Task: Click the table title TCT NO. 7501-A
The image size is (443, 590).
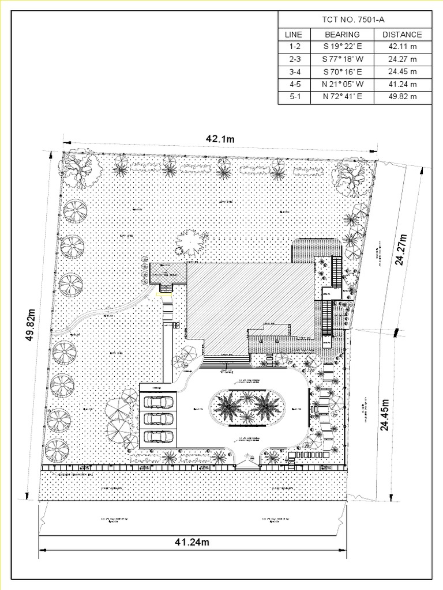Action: coord(355,20)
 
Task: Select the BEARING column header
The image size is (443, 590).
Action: coord(342,35)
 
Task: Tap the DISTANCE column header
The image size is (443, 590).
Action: coord(402,35)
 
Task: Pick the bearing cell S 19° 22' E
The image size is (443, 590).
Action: coord(342,47)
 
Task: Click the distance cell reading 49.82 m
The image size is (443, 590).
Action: coord(402,97)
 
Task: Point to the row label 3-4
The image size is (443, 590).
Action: coord(295,72)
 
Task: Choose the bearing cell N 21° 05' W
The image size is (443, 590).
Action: coord(342,85)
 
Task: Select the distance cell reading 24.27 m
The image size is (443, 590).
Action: coord(402,59)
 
